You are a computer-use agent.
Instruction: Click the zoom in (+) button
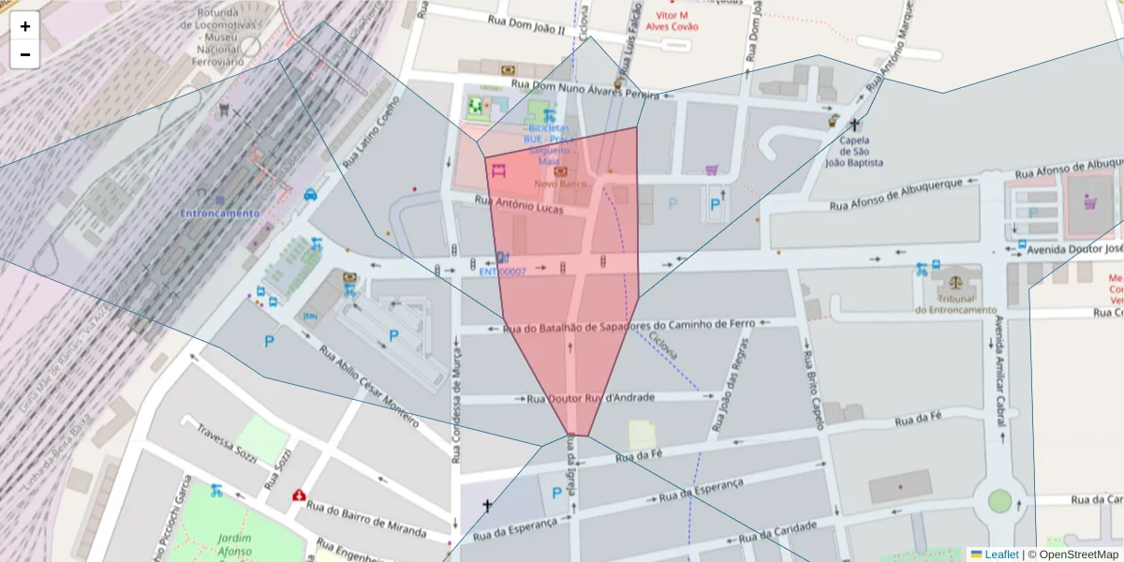[x=25, y=26]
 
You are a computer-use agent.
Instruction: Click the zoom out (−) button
[x=25, y=54]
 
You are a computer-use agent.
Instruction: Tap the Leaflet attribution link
[x=1001, y=555]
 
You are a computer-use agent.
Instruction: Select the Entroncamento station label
[x=220, y=214]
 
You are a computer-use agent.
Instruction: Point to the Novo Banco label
[x=560, y=184]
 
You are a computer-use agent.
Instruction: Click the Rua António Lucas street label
[x=519, y=204]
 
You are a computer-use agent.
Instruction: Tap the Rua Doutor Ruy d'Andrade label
[x=591, y=398]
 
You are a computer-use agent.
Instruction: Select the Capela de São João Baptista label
[x=853, y=152]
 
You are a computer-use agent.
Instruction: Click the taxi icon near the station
[x=310, y=195]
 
